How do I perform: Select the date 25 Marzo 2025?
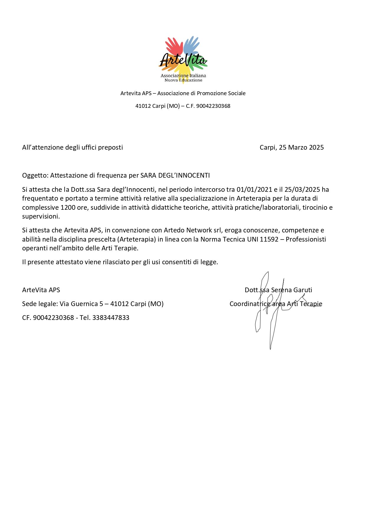(301, 147)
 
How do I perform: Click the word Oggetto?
(35, 176)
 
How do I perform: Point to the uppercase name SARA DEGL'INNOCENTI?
(175, 176)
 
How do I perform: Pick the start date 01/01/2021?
(254, 189)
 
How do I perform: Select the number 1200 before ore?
(68, 207)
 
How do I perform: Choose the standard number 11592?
(269, 239)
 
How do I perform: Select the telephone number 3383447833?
(111, 318)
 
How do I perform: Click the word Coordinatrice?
(250, 304)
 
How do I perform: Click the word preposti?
(110, 147)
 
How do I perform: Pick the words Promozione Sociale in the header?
(221, 93)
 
